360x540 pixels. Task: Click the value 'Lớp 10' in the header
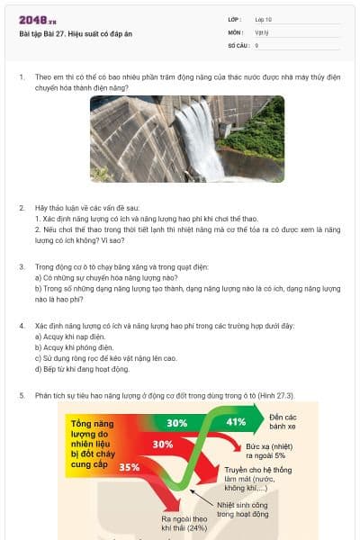point(263,19)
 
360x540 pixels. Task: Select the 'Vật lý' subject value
point(261,31)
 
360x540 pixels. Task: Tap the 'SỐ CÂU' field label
point(238,44)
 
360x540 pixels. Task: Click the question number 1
point(22,77)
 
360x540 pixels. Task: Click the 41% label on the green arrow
point(236,421)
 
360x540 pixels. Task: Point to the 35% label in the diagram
point(129,467)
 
